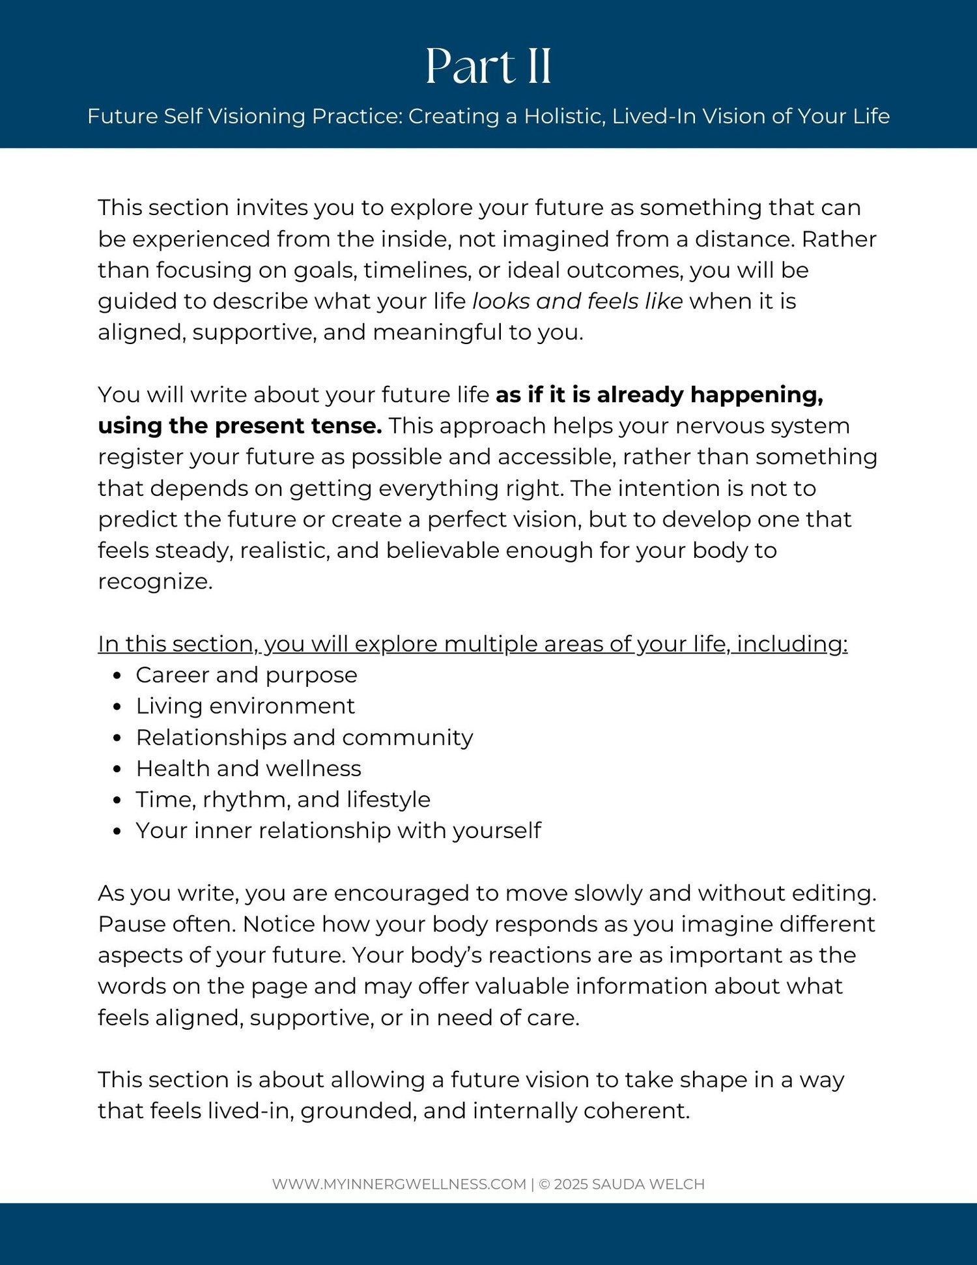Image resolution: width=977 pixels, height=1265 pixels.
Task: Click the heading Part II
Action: [488, 66]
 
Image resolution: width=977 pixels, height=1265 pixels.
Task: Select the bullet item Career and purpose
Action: [246, 675]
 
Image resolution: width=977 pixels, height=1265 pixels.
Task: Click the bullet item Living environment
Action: [245, 706]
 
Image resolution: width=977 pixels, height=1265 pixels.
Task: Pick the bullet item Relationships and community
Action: [304, 738]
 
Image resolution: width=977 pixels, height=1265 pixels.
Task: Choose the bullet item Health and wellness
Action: [248, 769]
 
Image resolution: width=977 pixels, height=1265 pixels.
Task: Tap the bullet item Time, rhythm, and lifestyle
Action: [283, 800]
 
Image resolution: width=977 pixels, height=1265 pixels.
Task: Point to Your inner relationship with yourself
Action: [338, 831]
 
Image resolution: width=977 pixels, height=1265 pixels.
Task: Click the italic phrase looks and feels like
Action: [577, 301]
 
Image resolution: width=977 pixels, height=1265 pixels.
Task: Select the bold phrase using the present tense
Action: [240, 426]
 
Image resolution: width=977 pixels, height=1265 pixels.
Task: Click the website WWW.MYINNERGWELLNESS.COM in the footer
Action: [399, 1184]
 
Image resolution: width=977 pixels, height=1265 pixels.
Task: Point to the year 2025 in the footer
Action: [571, 1184]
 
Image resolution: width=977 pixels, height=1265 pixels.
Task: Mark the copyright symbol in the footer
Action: [545, 1184]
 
